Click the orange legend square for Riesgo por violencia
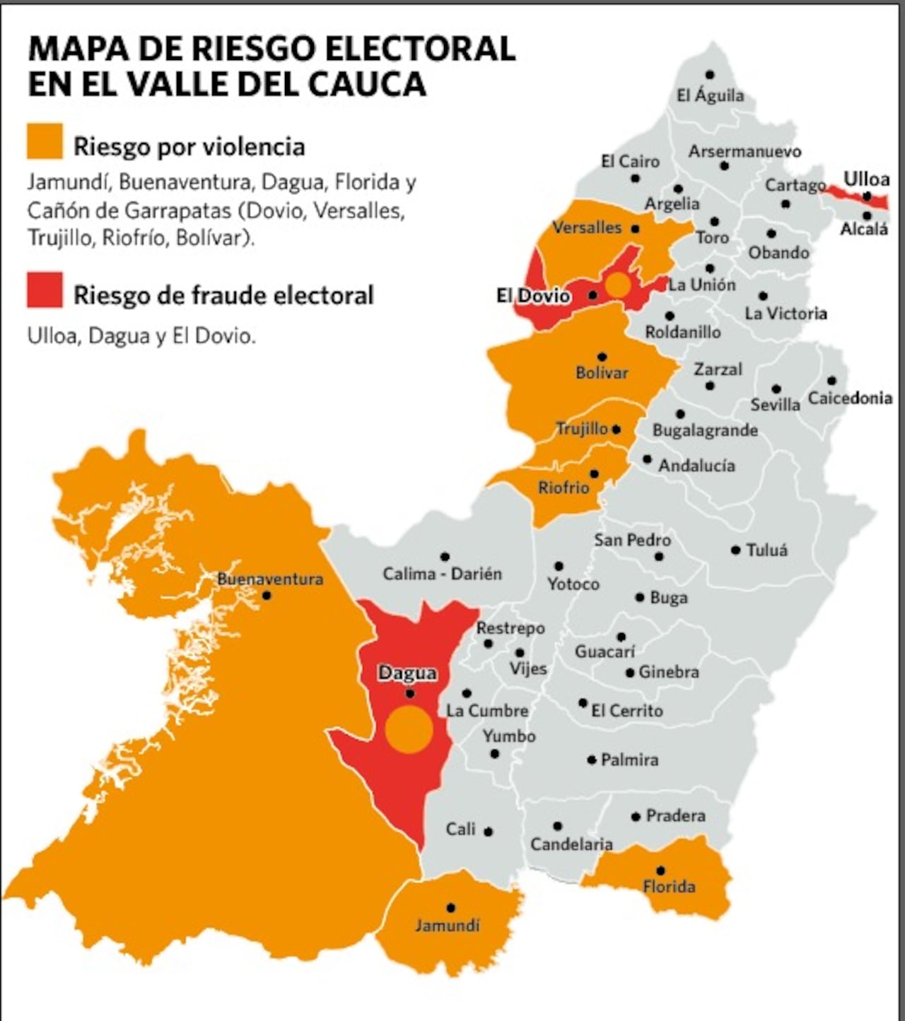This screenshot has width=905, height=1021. [x=45, y=141]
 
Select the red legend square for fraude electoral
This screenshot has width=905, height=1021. [x=45, y=290]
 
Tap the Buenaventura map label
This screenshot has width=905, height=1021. [x=269, y=579]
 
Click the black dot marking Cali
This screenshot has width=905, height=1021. [x=488, y=832]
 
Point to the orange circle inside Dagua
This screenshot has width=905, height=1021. [x=409, y=729]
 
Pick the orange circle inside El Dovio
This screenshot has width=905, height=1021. [x=617, y=285]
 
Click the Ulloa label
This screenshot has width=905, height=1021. [x=866, y=179]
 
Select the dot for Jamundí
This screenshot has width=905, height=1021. [x=450, y=908]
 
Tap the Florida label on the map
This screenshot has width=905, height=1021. [x=669, y=886]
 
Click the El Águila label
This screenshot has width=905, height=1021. [x=710, y=95]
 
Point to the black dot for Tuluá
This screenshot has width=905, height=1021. [x=735, y=550]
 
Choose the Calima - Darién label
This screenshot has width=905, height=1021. [x=442, y=574]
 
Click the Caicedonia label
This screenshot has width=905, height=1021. [x=850, y=398]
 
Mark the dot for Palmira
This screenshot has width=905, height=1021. [x=591, y=760]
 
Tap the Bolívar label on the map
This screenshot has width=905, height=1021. [x=602, y=372]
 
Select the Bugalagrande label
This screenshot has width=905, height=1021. [x=704, y=430]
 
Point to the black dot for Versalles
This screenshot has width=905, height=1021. [x=635, y=229]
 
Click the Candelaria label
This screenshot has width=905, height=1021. [x=571, y=844]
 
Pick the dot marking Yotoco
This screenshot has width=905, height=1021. [x=559, y=566]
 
